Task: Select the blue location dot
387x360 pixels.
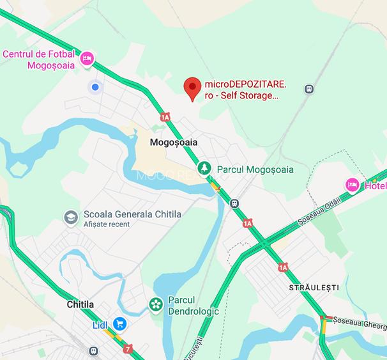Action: point(95,87)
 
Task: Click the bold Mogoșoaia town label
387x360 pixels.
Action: point(173,143)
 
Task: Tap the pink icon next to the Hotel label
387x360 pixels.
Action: point(352,185)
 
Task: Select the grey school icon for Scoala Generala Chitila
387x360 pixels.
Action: point(71,217)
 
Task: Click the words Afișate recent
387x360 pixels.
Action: point(107,224)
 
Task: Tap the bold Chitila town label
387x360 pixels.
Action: point(80,305)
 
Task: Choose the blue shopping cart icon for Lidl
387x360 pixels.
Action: point(119,324)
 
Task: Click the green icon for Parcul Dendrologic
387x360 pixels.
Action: point(155,304)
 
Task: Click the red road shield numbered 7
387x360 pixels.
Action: point(129,349)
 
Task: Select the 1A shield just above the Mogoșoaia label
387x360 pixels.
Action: point(165,117)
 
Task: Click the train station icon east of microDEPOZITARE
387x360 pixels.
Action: point(309,90)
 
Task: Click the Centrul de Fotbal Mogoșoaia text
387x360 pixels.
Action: point(39,59)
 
